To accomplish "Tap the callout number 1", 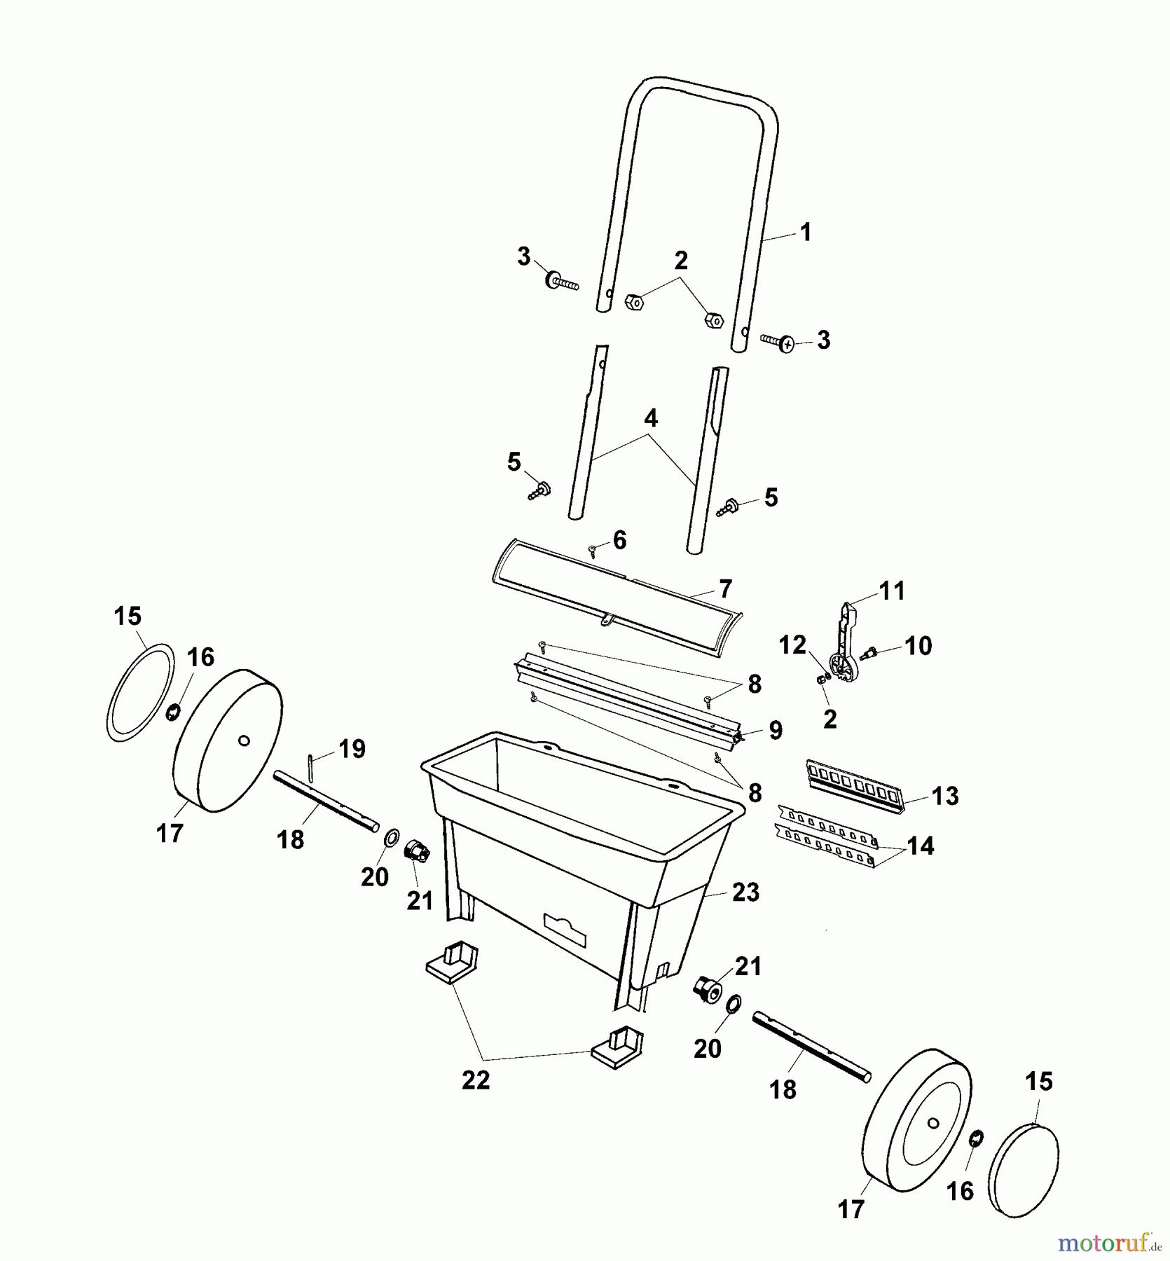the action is (806, 232).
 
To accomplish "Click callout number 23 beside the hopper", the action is (745, 892).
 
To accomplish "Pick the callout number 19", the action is (352, 749).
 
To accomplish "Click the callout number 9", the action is (776, 730).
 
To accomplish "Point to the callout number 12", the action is (793, 645).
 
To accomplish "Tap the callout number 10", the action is (918, 645).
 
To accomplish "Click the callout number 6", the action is (619, 540).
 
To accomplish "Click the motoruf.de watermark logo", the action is (1110, 1243).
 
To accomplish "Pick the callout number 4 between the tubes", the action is (651, 418).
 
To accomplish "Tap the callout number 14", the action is (921, 846).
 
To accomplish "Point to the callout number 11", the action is (893, 591).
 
